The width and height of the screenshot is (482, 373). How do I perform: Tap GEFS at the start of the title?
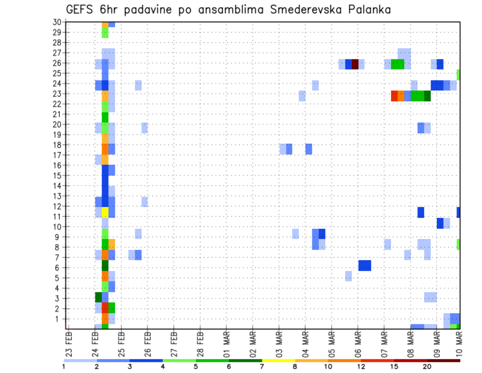click(x=80, y=10)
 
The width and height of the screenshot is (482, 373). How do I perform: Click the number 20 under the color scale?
click(x=427, y=366)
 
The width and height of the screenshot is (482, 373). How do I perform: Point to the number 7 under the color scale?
click(x=262, y=366)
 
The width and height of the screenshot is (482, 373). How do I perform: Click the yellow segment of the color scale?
click(x=278, y=360)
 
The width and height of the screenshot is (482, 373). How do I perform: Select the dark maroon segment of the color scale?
click(x=443, y=360)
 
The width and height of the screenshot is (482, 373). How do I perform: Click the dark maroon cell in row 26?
click(x=355, y=64)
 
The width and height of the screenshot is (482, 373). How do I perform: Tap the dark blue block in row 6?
click(x=365, y=265)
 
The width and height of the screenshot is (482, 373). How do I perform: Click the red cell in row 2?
click(x=105, y=308)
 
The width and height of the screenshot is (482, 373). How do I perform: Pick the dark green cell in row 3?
click(x=98, y=297)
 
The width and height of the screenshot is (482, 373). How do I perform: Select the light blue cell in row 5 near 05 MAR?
click(x=348, y=275)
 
